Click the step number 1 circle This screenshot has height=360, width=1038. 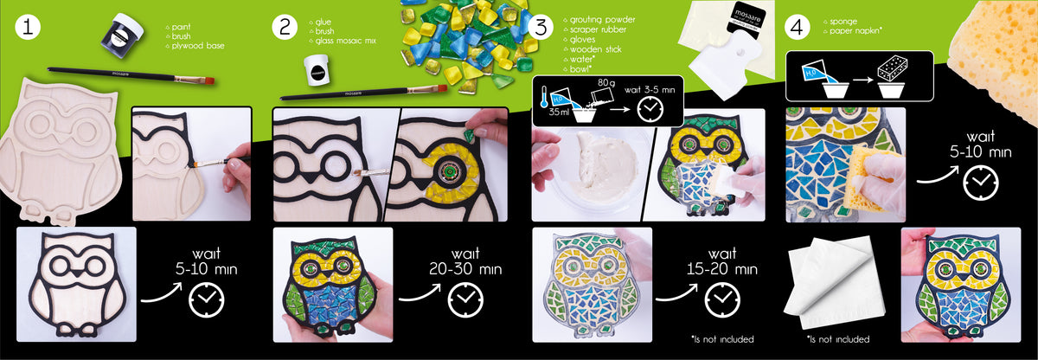28,27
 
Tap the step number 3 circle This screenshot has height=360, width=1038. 541,27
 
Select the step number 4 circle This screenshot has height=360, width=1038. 797,27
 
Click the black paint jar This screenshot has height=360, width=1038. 121,35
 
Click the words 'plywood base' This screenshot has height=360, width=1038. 198,45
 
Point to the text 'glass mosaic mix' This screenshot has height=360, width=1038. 345,41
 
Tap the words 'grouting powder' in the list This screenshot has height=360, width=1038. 602,19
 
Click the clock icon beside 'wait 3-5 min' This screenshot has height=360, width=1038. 650,109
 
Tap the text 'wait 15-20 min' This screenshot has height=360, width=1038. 721,260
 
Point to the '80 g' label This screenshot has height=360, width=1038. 606,82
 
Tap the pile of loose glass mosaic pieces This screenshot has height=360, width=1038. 468,42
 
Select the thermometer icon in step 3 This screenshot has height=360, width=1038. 543,95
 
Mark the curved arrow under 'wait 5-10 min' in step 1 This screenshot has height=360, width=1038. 162,295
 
